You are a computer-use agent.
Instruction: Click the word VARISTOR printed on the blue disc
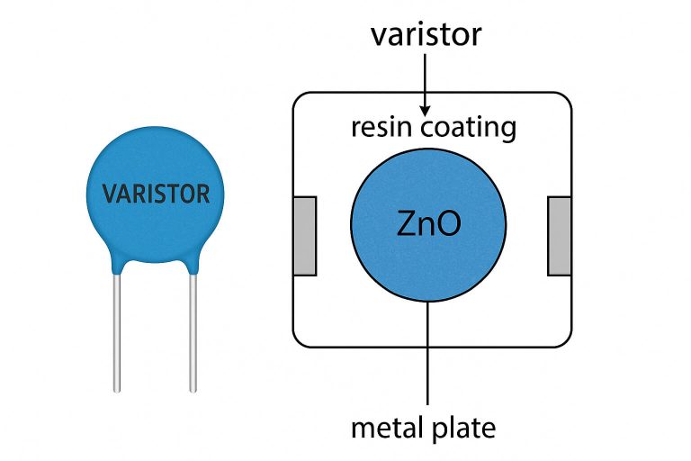(x=156, y=194)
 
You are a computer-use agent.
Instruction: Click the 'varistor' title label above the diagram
(x=426, y=35)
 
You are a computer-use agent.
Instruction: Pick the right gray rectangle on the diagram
(x=560, y=235)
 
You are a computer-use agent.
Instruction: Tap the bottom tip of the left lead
(x=117, y=389)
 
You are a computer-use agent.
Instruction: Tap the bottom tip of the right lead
(x=193, y=389)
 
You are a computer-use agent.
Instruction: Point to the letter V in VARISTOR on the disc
(x=109, y=194)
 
